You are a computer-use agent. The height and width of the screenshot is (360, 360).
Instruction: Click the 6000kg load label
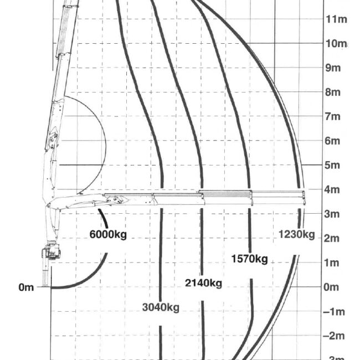[x=108, y=234]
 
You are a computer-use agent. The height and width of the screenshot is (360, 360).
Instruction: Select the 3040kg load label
[x=161, y=307]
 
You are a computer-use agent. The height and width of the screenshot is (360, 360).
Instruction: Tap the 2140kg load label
[x=203, y=283]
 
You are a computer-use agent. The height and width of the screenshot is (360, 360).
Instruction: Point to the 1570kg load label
[x=249, y=259]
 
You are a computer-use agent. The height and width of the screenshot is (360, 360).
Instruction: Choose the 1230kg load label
[x=296, y=234]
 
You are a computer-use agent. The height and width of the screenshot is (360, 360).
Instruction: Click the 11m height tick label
[x=336, y=19]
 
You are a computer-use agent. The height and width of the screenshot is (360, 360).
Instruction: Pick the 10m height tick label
[x=336, y=43]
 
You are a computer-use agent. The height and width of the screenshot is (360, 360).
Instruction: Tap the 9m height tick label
[x=333, y=68]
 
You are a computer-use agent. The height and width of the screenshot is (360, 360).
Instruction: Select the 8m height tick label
[x=333, y=92]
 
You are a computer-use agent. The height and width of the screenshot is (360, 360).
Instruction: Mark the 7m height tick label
[x=332, y=117]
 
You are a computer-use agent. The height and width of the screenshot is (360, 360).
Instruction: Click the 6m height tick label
[x=332, y=141]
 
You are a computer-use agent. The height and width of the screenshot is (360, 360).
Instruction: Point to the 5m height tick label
[x=332, y=165]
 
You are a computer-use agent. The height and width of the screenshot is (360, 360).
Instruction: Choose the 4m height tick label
[x=332, y=189]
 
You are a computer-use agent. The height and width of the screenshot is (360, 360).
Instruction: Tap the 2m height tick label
[x=331, y=239]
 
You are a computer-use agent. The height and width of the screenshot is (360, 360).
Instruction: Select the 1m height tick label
[x=331, y=263]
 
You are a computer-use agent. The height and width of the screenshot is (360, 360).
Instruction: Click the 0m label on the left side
[x=26, y=287]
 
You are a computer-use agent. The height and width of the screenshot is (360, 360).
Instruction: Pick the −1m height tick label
[x=334, y=312]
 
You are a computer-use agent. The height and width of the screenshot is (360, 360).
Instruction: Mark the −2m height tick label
[x=333, y=336]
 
